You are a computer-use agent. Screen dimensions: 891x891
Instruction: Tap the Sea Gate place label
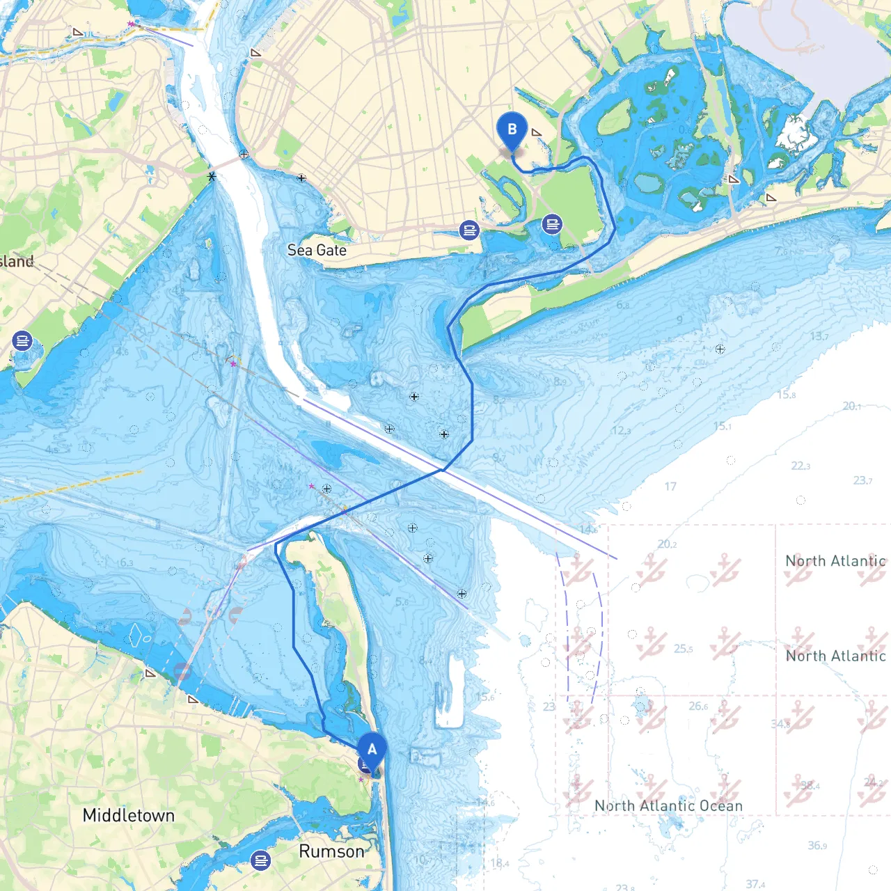(317, 251)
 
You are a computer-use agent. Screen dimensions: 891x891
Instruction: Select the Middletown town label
(128, 815)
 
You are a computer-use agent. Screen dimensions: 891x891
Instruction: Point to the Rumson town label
(331, 851)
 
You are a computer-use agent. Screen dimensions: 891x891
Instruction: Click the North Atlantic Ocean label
(668, 805)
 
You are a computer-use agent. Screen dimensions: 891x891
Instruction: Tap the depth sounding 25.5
(683, 649)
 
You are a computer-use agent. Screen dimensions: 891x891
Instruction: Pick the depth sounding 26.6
(699, 706)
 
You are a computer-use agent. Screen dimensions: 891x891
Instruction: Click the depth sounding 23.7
(862, 480)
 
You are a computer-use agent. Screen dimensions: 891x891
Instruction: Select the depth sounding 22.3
(801, 466)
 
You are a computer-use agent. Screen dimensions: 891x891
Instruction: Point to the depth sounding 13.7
(819, 337)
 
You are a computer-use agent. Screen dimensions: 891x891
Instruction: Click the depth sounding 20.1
(852, 406)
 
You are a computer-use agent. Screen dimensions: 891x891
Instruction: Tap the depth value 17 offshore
(670, 487)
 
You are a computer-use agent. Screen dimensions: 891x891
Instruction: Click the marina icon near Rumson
(260, 860)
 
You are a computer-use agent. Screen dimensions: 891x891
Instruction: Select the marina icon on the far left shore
(22, 341)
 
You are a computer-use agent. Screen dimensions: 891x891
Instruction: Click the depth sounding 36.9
(817, 846)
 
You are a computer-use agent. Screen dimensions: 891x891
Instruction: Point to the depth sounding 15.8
(786, 395)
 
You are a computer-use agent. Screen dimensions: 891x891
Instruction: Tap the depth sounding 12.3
(621, 431)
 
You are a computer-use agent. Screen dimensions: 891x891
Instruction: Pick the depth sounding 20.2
(667, 544)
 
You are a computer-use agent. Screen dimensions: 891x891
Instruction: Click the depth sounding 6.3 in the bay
(125, 562)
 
